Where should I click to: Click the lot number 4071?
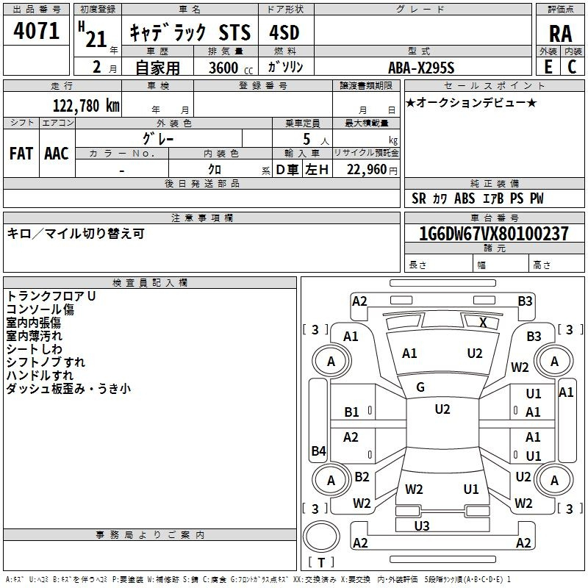(x=36, y=30)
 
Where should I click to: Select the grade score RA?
(x=561, y=34)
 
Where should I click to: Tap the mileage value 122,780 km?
(x=86, y=106)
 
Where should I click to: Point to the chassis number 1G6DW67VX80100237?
(x=494, y=234)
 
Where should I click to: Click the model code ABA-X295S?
(x=421, y=68)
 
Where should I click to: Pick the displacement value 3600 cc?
(x=231, y=68)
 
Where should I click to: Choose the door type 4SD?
(x=284, y=32)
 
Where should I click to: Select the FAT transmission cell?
(x=21, y=154)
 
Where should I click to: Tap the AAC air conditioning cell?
(x=57, y=154)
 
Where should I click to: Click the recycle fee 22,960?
(x=367, y=170)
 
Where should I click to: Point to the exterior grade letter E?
(x=548, y=67)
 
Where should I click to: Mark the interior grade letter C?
(x=572, y=67)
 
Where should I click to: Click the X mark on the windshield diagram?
(x=483, y=323)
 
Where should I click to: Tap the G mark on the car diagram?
(x=420, y=387)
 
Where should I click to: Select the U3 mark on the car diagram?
(x=421, y=526)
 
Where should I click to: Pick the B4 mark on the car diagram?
(x=318, y=451)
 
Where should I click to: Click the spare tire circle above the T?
(x=321, y=537)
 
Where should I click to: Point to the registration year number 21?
(x=96, y=39)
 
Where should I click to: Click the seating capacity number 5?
(x=306, y=140)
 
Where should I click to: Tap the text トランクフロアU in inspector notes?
(x=51, y=296)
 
